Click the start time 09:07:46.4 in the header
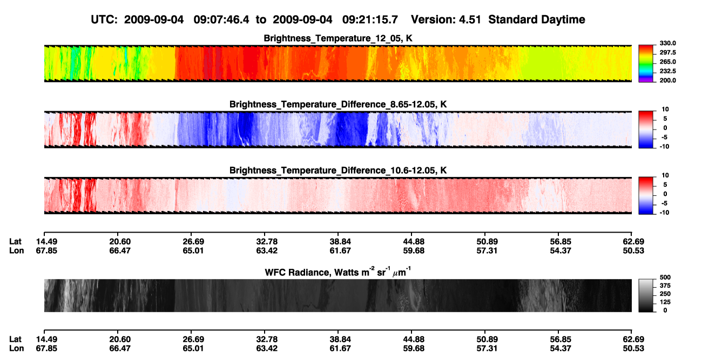point(221,20)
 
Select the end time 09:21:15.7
point(370,20)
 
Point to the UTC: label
point(104,20)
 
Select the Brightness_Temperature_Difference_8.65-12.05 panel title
point(338,104)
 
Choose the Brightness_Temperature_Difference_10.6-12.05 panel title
point(338,171)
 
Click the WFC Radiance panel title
point(338,272)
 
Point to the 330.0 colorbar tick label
point(667,43)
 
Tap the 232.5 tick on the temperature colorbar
point(667,71)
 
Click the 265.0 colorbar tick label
point(667,62)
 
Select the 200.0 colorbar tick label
point(667,80)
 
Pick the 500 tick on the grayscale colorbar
point(665,277)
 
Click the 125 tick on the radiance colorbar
point(665,302)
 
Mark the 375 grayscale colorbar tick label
point(665,286)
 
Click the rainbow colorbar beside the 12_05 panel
point(646,64)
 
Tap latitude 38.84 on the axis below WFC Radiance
point(340,339)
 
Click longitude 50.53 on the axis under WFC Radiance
point(633,349)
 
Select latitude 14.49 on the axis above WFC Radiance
point(46,242)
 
